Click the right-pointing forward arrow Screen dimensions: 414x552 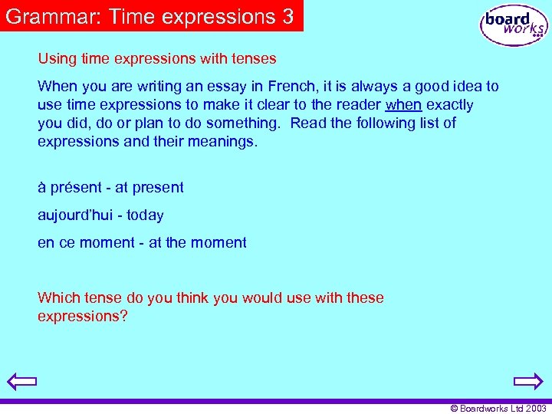click(528, 381)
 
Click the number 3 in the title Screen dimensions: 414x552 click(287, 16)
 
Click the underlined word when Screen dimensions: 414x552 click(403, 105)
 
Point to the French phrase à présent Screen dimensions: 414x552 click(70, 188)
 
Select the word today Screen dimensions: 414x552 click(146, 215)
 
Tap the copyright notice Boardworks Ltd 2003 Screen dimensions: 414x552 click(498, 409)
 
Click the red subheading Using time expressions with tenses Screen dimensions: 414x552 click(157, 58)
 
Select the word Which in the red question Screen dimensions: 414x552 click(58, 298)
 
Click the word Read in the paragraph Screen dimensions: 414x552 click(308, 123)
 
